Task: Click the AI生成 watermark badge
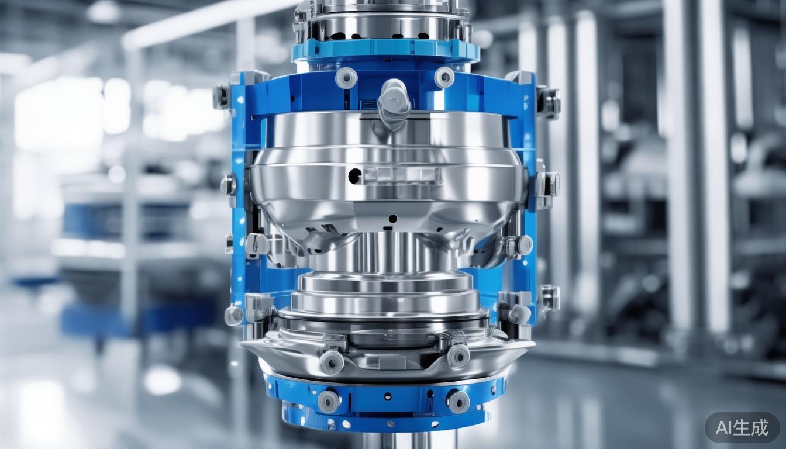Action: pyautogui.click(x=742, y=427)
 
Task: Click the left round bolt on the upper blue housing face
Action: pyautogui.click(x=346, y=78)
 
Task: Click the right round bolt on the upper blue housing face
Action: pyautogui.click(x=444, y=77)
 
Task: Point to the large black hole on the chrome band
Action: pyautogui.click(x=354, y=175)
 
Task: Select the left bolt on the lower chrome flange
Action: pyautogui.click(x=332, y=362)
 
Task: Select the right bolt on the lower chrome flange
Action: pyautogui.click(x=457, y=355)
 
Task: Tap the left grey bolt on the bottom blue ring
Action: pyautogui.click(x=328, y=401)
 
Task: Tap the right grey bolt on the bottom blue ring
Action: pyautogui.click(x=457, y=400)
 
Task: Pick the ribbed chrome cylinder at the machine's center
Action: pyautogui.click(x=386, y=251)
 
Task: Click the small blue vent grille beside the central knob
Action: pyautogui.click(x=369, y=105)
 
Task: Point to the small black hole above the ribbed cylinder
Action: pyautogui.click(x=392, y=219)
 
